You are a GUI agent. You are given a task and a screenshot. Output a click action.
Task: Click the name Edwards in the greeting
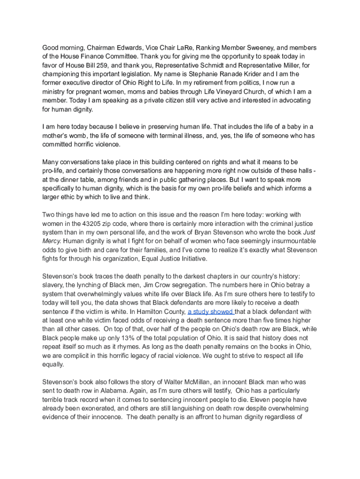[119, 48]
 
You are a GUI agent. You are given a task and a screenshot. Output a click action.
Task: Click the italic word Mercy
[52, 241]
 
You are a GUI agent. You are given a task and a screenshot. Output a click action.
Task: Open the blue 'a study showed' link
[210, 312]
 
